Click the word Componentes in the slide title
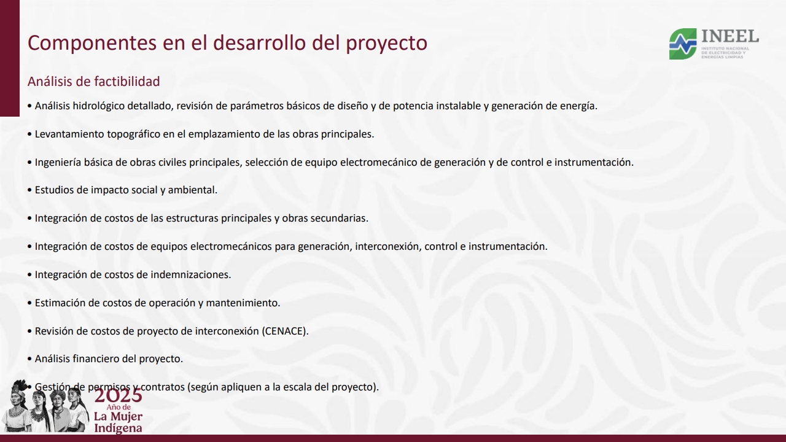coord(92,43)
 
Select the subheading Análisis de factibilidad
coord(94,82)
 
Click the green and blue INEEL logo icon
coord(683,44)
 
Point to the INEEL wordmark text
coord(730,36)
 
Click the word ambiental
coord(193,190)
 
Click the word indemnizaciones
coord(191,274)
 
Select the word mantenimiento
coord(243,303)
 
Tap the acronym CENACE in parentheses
coord(285,331)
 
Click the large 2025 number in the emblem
coord(119,396)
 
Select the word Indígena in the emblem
coord(119,428)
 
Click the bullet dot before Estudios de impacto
coord(29,190)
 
